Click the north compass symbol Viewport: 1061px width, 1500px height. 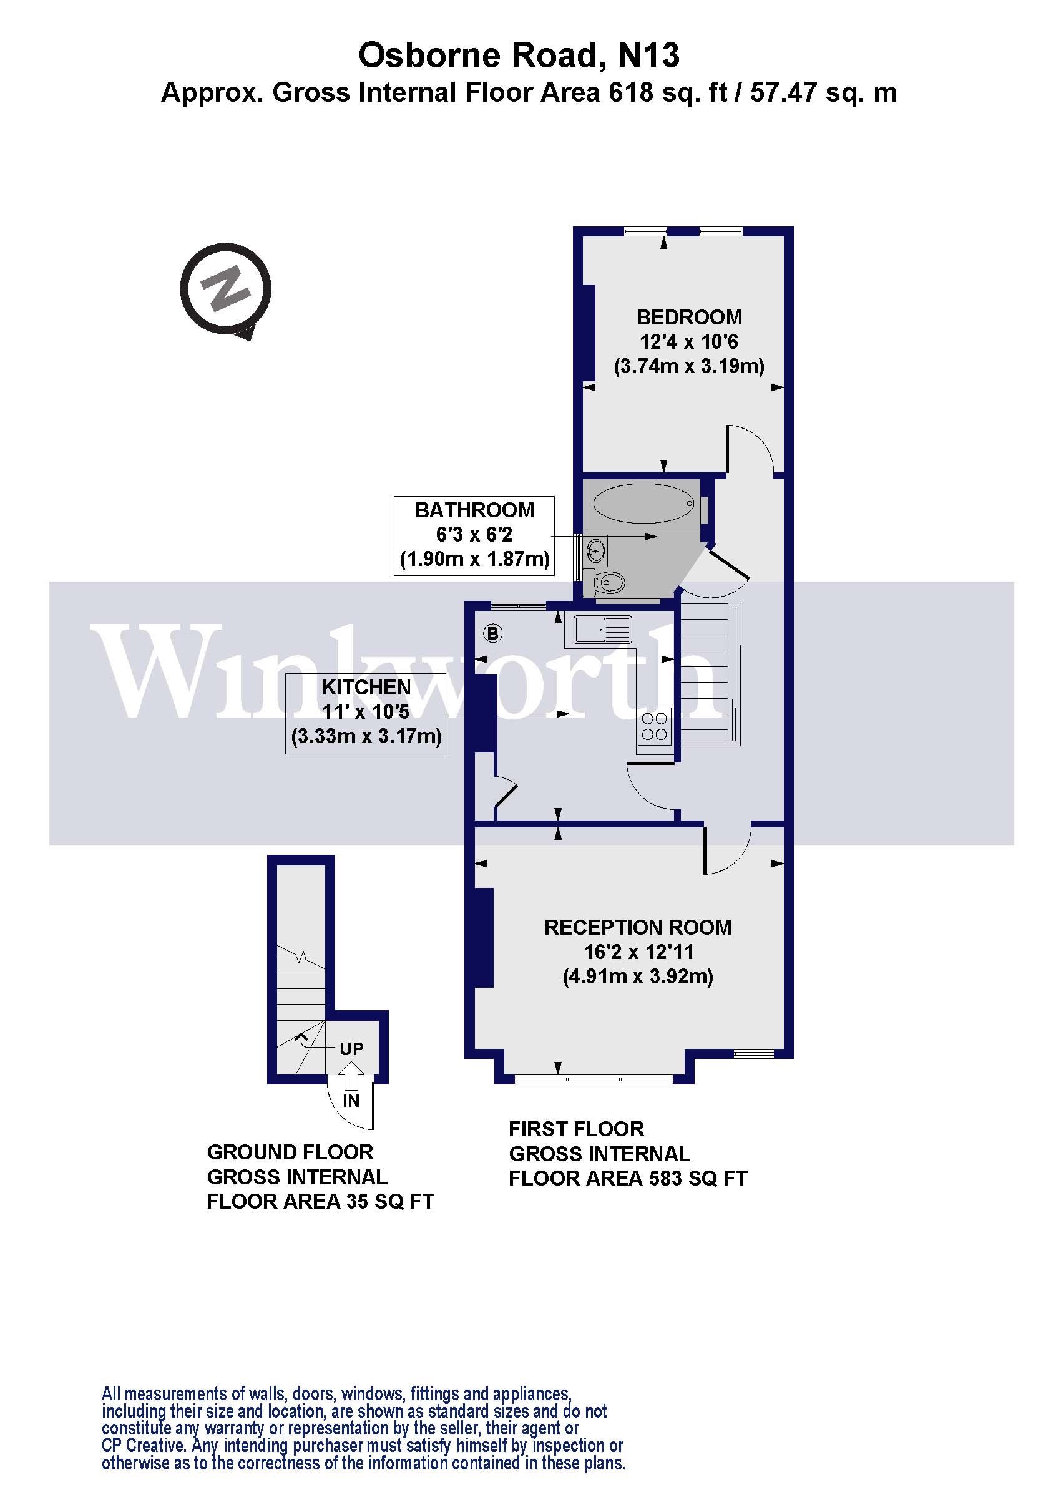(225, 289)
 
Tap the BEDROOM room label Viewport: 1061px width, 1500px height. (689, 318)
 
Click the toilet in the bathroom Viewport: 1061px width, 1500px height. (609, 581)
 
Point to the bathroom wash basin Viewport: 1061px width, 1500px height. (596, 550)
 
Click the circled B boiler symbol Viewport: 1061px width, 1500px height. (492, 633)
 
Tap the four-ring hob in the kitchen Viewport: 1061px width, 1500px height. (655, 726)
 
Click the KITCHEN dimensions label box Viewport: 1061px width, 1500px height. (366, 713)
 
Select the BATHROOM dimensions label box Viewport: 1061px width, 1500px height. (474, 536)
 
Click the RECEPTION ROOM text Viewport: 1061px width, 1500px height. (638, 927)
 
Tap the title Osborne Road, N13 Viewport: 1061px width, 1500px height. (519, 55)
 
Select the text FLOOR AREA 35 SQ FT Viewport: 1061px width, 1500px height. (320, 1202)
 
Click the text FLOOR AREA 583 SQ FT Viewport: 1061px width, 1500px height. (628, 1178)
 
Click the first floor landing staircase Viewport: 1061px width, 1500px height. (709, 673)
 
